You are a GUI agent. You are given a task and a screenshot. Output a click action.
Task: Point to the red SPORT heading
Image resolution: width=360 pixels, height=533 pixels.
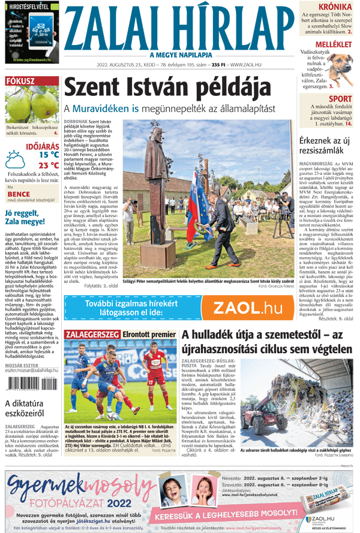click(340, 99)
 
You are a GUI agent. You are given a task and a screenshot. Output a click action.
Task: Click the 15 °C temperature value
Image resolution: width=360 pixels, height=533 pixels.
click(48, 154)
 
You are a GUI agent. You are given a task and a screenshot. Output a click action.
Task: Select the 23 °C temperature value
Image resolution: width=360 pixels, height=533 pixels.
click(48, 165)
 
